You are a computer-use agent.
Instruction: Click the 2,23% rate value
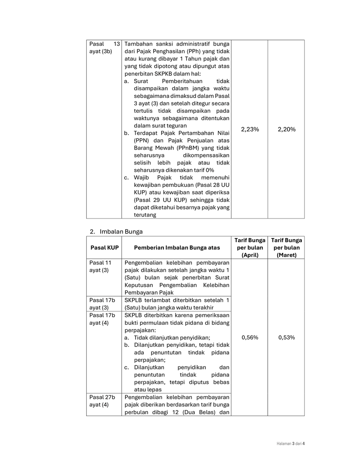[x=250, y=130]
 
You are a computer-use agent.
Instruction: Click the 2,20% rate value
[x=286, y=130]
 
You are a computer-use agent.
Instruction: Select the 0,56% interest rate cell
[x=250, y=337]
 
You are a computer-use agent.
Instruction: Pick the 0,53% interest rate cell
[x=286, y=337]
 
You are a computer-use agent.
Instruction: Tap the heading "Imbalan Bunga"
[x=121, y=231]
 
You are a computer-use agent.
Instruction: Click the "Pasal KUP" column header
[x=104, y=247]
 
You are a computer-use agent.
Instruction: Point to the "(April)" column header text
[x=250, y=255]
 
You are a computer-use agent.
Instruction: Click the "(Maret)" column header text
[x=286, y=255]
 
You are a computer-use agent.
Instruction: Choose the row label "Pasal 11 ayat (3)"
[x=101, y=267]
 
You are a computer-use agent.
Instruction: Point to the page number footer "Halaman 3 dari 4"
[x=287, y=443]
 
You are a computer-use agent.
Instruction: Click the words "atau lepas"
[x=148, y=390]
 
